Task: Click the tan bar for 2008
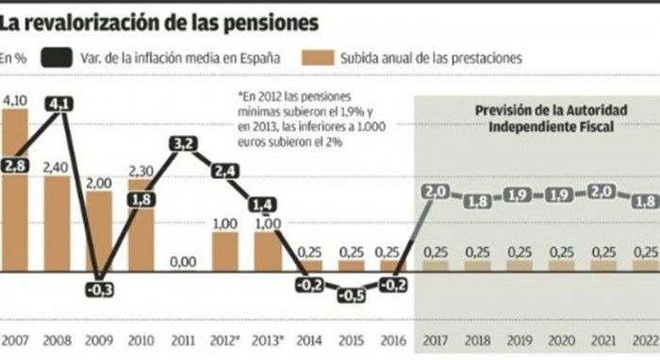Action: pos(57,223)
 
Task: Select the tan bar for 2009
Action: pos(99,231)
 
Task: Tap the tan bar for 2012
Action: pos(225,252)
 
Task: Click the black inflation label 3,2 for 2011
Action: pos(184,144)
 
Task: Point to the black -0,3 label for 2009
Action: pos(99,289)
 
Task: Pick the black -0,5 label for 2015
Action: pos(352,296)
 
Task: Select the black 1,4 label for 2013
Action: pos(263,205)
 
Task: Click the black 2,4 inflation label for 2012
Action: pos(225,172)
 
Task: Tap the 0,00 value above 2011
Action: pos(183,262)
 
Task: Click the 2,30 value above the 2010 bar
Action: pos(141,172)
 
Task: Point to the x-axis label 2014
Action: pos(309,340)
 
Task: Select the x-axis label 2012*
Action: pos(226,340)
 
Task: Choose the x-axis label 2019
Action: pos(520,340)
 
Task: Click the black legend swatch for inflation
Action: pos(57,57)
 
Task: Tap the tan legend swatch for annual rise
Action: pos(319,57)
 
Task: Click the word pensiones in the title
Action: pos(271,23)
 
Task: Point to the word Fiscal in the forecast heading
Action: pos(593,126)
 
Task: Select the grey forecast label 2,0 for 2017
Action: pos(436,192)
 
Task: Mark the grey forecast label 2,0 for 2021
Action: pos(603,192)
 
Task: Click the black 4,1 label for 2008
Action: pos(59,104)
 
